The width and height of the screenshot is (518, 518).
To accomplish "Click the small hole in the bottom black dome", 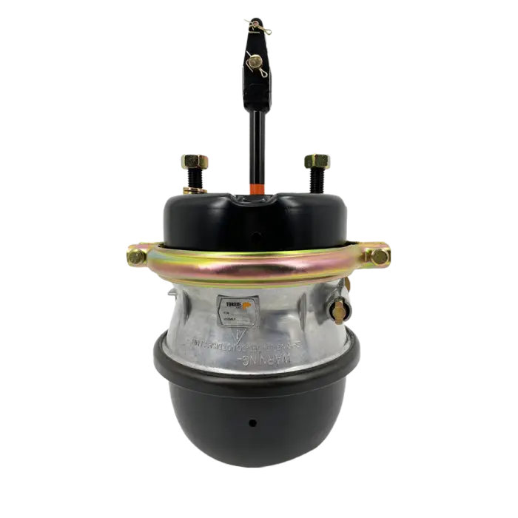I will pyautogui.click(x=252, y=424).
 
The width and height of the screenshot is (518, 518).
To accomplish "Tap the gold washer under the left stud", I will pyautogui.click(x=197, y=191).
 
